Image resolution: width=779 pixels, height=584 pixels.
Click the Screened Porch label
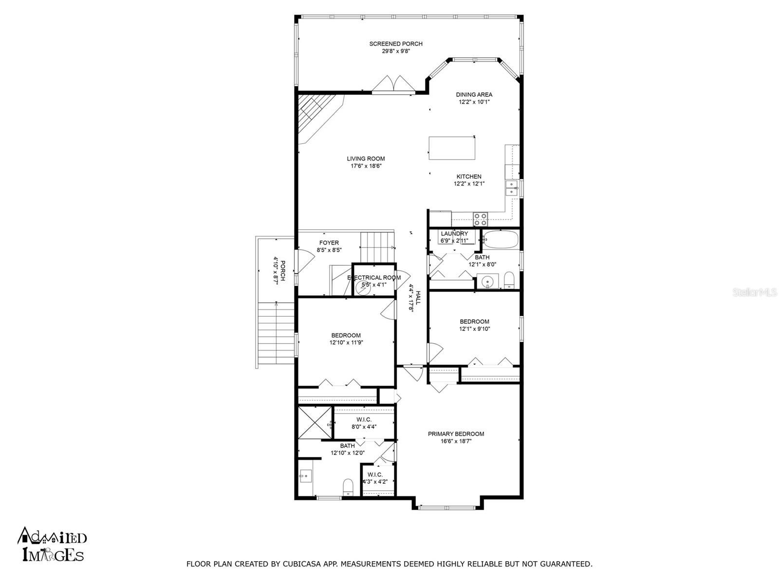click(x=396, y=44)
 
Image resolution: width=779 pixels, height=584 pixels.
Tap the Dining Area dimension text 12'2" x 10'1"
click(x=474, y=102)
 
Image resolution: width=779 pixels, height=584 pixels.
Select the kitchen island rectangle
click(x=452, y=148)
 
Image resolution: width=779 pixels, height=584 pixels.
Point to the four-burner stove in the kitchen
click(x=480, y=219)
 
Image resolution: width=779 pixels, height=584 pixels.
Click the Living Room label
click(x=366, y=159)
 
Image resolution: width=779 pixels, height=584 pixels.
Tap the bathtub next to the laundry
click(x=501, y=239)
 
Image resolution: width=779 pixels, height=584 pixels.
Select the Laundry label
click(x=454, y=234)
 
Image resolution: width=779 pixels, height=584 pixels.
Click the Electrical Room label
click(x=374, y=277)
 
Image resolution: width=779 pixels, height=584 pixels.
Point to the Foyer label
click(x=329, y=243)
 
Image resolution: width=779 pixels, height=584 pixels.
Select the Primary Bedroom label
click(x=456, y=434)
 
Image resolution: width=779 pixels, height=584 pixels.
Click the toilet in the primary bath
click(x=349, y=487)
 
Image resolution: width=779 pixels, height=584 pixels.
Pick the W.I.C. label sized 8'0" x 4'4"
click(x=364, y=423)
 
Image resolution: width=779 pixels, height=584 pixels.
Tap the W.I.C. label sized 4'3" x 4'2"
click(x=375, y=478)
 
